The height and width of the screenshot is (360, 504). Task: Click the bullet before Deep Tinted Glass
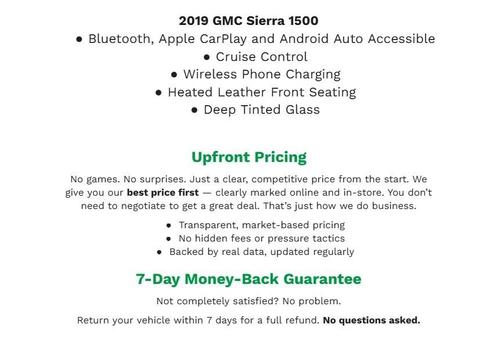pyautogui.click(x=194, y=110)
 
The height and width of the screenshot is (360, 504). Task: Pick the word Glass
pyautogui.click(x=299, y=110)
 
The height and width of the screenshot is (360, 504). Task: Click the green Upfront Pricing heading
pyautogui.click(x=249, y=157)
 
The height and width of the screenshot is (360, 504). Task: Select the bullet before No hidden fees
pyautogui.click(x=169, y=239)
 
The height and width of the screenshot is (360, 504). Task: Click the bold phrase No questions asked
pyautogui.click(x=371, y=320)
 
